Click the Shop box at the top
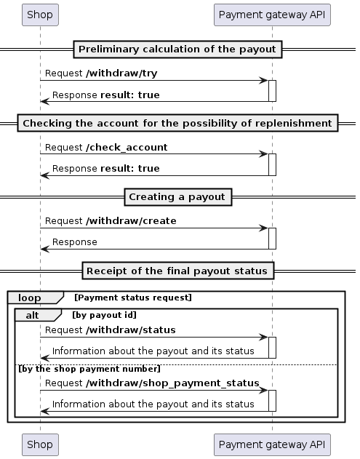[40, 14]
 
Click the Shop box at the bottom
[40, 444]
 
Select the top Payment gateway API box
[272, 14]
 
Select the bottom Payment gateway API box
[272, 444]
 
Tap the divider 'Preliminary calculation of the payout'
[177, 49]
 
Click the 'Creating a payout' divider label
[177, 197]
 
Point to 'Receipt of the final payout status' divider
[177, 271]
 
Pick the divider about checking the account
[177, 124]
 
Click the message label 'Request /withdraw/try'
[101, 73]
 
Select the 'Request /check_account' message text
[106, 148]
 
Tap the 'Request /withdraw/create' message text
[111, 220]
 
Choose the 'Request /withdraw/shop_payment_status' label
[152, 383]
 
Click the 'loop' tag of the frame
[31, 298]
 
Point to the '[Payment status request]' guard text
[132, 298]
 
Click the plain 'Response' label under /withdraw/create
[75, 242]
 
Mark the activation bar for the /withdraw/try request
[272, 91]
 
